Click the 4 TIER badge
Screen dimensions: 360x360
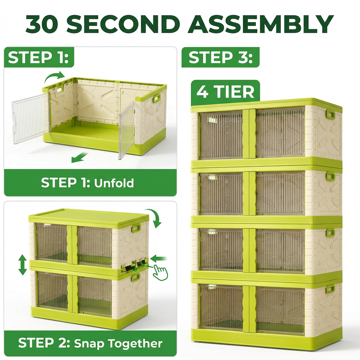[x=225, y=92]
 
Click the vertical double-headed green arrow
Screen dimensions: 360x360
[x=22, y=265]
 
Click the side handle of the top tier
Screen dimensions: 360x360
[x=330, y=114]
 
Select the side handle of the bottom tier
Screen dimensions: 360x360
[x=330, y=289]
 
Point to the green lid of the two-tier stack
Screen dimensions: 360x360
[x=88, y=217]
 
